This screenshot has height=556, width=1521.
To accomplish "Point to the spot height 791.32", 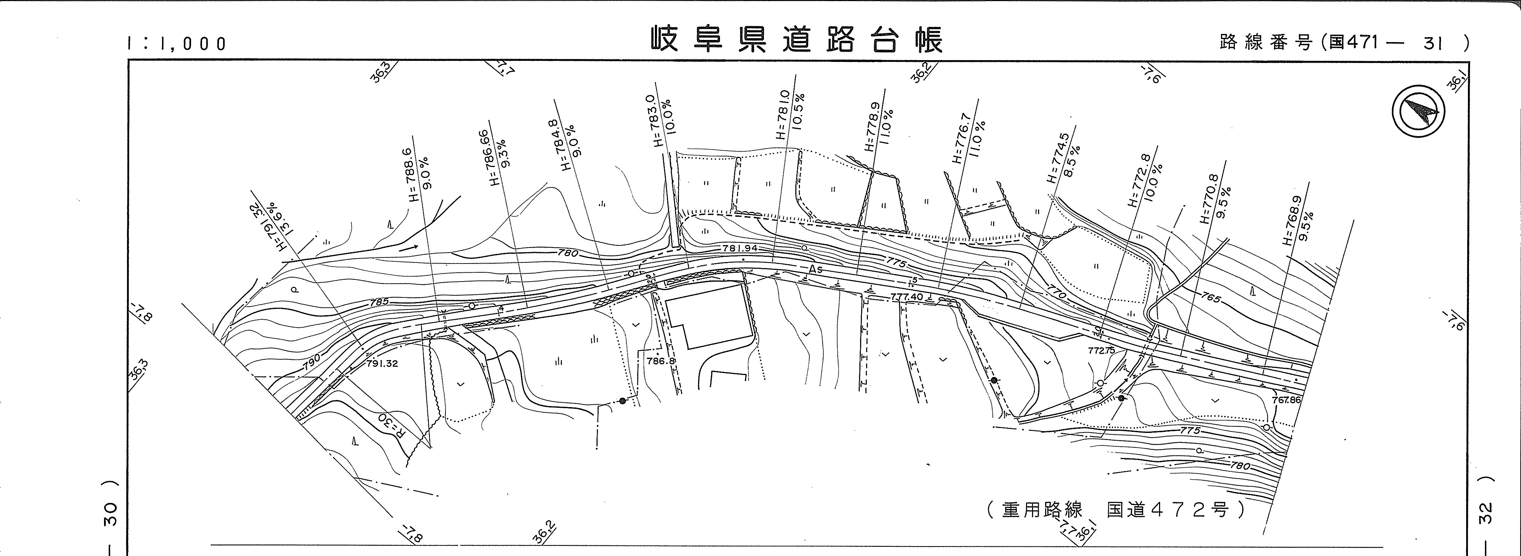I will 382,364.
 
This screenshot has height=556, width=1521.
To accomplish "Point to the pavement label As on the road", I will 816,269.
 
